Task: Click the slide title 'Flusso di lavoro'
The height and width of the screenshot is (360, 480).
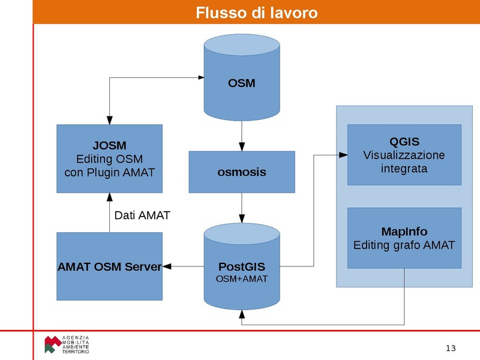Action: [x=256, y=13]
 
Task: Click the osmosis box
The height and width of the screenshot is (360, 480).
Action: [x=241, y=172]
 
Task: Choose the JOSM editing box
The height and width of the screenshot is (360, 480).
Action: [x=109, y=158]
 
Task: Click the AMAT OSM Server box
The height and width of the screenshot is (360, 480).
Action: [x=109, y=266]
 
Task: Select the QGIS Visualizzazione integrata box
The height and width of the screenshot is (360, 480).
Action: [x=404, y=155]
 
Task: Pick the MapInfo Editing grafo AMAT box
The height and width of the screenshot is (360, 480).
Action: [x=404, y=238]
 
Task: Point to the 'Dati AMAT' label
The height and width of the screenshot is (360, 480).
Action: [x=142, y=215]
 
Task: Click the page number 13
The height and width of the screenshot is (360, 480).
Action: [x=451, y=349]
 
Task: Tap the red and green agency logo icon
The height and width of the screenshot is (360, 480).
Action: [x=52, y=344]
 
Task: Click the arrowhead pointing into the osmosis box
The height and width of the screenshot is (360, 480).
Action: [x=241, y=147]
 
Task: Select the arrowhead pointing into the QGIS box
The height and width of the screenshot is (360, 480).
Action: [x=343, y=155]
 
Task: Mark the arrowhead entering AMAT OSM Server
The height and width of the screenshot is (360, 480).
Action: [x=167, y=266]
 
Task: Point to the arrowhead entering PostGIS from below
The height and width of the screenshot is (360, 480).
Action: [x=241, y=314]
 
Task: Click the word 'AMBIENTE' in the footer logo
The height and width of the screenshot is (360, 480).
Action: [x=76, y=347]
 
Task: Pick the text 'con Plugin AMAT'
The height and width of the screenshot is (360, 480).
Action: [x=109, y=172]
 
